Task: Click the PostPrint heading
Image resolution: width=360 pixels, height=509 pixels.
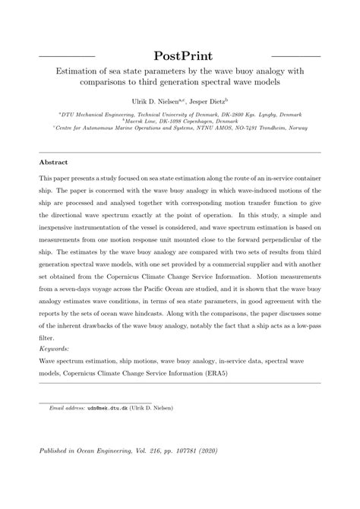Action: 179,56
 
